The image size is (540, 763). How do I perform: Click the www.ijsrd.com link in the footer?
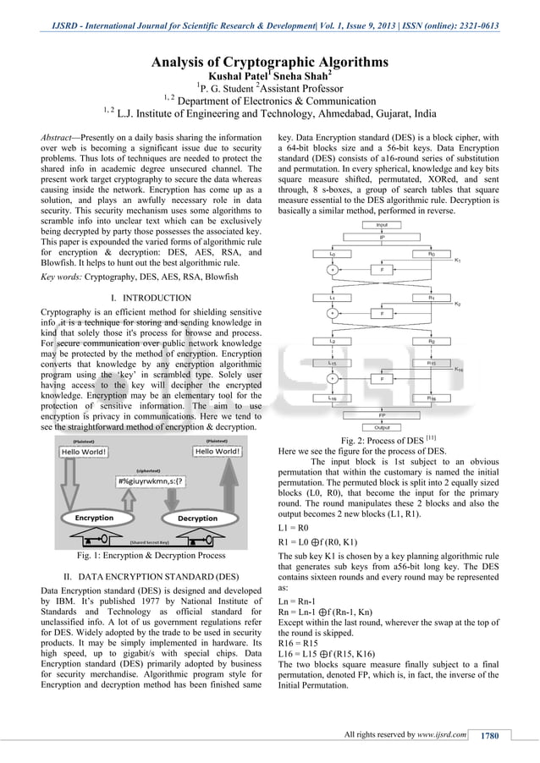click(x=443, y=734)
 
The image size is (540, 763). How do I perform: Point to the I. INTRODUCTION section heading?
click(x=151, y=298)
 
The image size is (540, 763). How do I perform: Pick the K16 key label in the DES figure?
click(x=458, y=369)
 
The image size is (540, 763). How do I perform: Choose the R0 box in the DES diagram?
click(x=432, y=253)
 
